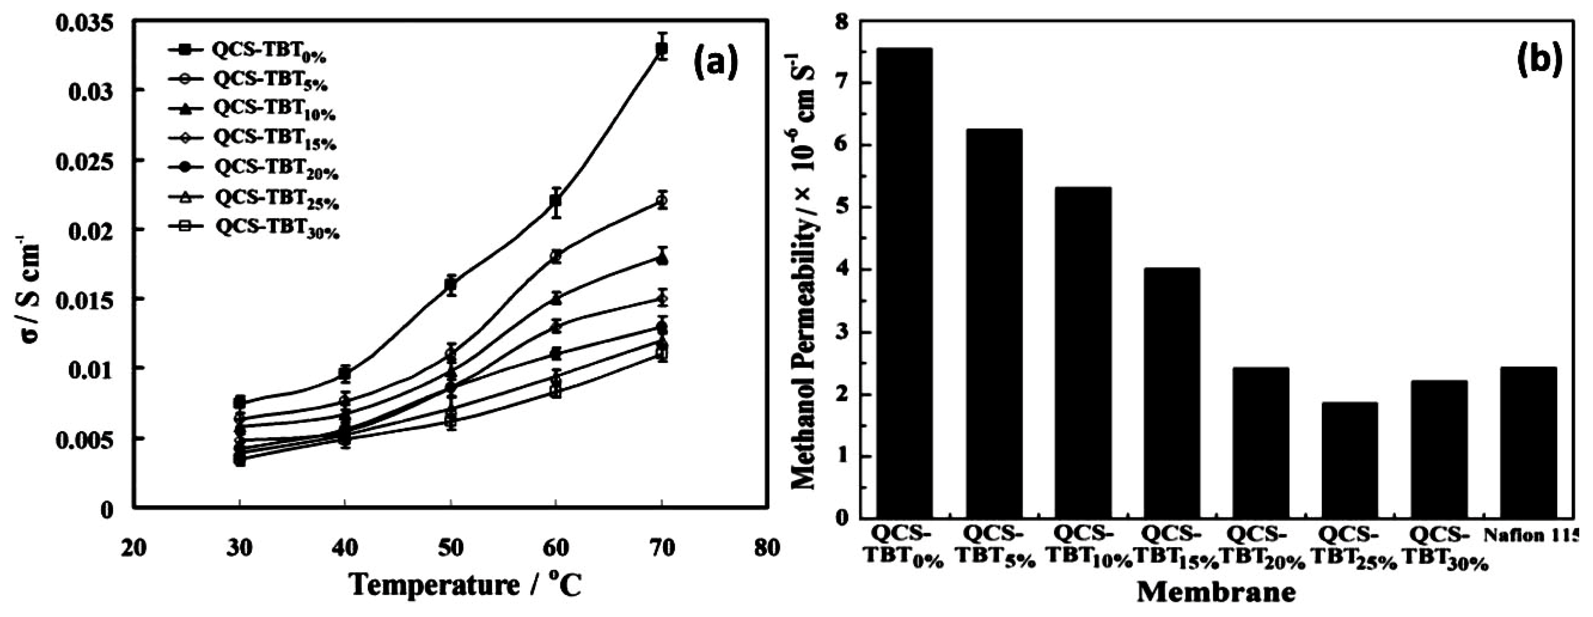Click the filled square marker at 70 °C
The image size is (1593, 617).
pos(662,50)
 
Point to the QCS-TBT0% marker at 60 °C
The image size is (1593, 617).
pos(556,201)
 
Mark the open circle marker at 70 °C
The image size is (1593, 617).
pos(662,201)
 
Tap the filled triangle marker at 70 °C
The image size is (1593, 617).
pos(662,257)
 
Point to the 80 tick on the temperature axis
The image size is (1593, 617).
pos(767,531)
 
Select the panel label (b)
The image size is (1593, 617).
pos(1539,61)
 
